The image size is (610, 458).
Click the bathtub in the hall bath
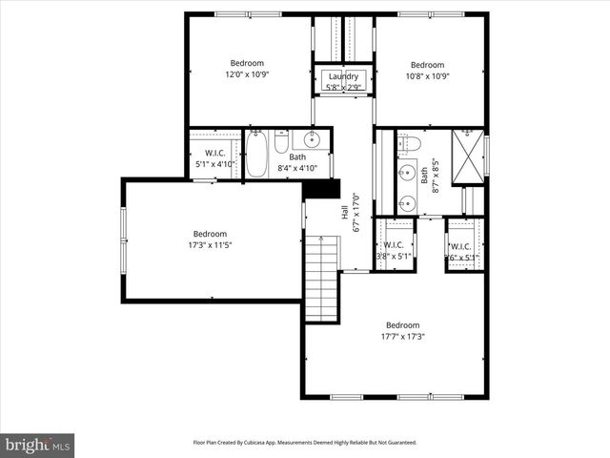(256, 155)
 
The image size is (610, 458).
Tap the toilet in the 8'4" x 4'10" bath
(281, 143)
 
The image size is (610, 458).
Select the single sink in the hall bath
(311, 140)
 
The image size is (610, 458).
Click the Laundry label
(343, 76)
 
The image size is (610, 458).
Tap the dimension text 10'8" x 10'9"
(428, 76)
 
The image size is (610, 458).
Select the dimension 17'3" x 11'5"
(210, 245)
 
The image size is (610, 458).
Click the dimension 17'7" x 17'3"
(402, 336)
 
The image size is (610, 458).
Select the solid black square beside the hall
(315, 189)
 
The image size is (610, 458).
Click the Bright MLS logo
(38, 445)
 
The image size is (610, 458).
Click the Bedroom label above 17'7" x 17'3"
(402, 324)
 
